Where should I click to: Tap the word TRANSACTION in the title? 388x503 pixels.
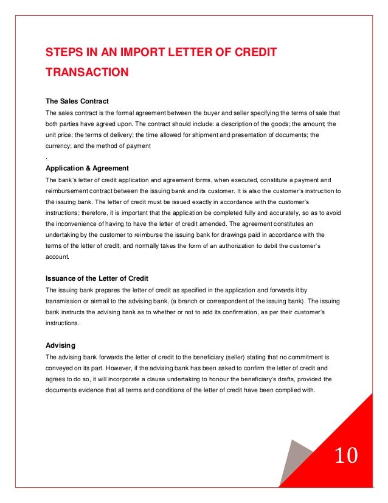click(x=87, y=72)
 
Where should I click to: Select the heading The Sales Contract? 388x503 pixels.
click(x=77, y=100)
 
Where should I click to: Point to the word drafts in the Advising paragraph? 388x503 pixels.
click(x=282, y=379)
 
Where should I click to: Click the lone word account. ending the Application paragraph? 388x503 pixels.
click(x=59, y=257)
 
